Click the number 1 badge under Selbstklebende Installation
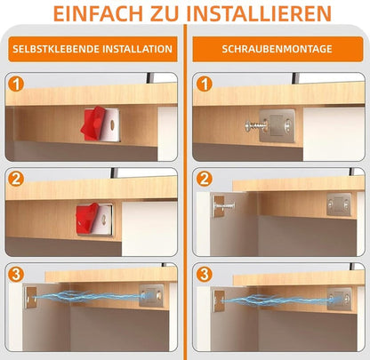click(14, 84)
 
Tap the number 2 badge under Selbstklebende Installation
click(14, 179)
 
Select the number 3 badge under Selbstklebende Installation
click(14, 274)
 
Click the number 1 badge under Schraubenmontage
click(204, 84)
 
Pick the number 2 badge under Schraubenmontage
click(204, 179)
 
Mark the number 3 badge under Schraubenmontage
click(204, 274)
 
